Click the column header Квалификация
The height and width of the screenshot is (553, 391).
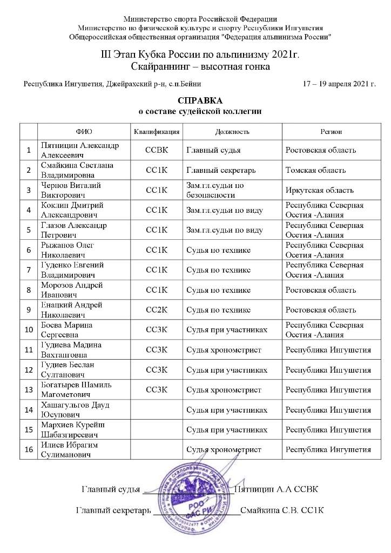coord(157,132)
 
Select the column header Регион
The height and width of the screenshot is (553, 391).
coord(330,132)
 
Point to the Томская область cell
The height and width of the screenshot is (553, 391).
coord(315,170)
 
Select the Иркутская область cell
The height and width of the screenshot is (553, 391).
coord(319,190)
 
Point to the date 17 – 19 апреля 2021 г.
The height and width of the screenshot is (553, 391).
coord(340,84)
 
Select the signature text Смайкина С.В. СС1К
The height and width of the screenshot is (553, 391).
coord(282,510)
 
